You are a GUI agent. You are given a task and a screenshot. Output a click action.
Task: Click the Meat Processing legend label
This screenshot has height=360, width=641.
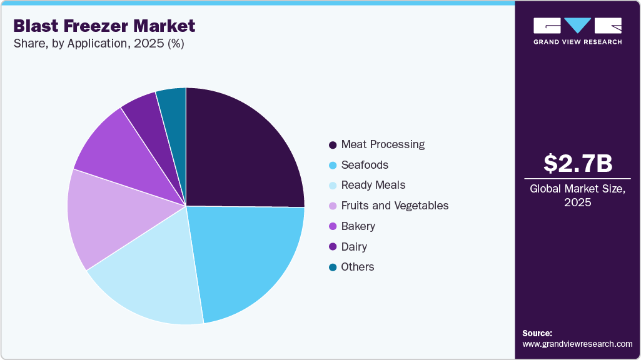(x=382, y=144)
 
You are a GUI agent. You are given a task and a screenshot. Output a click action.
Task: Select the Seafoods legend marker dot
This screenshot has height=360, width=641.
(x=333, y=166)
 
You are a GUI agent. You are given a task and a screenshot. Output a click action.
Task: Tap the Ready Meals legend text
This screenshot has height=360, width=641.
(x=373, y=185)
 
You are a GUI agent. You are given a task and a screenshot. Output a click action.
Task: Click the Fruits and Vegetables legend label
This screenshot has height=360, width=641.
(x=394, y=206)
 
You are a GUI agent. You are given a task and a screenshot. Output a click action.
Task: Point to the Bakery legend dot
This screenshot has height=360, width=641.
(x=333, y=227)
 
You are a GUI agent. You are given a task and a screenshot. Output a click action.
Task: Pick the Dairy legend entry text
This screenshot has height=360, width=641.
(x=354, y=247)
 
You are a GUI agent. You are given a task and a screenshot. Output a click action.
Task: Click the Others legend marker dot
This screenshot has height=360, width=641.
(x=333, y=267)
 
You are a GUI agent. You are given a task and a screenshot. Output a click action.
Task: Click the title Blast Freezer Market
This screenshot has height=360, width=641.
(x=104, y=26)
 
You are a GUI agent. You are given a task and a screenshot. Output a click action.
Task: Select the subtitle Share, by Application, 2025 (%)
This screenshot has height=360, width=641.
(x=99, y=44)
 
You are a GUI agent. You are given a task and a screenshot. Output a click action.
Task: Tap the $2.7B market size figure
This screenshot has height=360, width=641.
(x=577, y=163)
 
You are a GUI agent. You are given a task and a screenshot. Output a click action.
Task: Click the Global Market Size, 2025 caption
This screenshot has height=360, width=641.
(x=577, y=196)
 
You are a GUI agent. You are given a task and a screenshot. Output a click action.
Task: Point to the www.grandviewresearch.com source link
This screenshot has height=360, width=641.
(x=577, y=344)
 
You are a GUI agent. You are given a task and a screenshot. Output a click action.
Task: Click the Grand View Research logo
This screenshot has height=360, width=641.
(x=577, y=31)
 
